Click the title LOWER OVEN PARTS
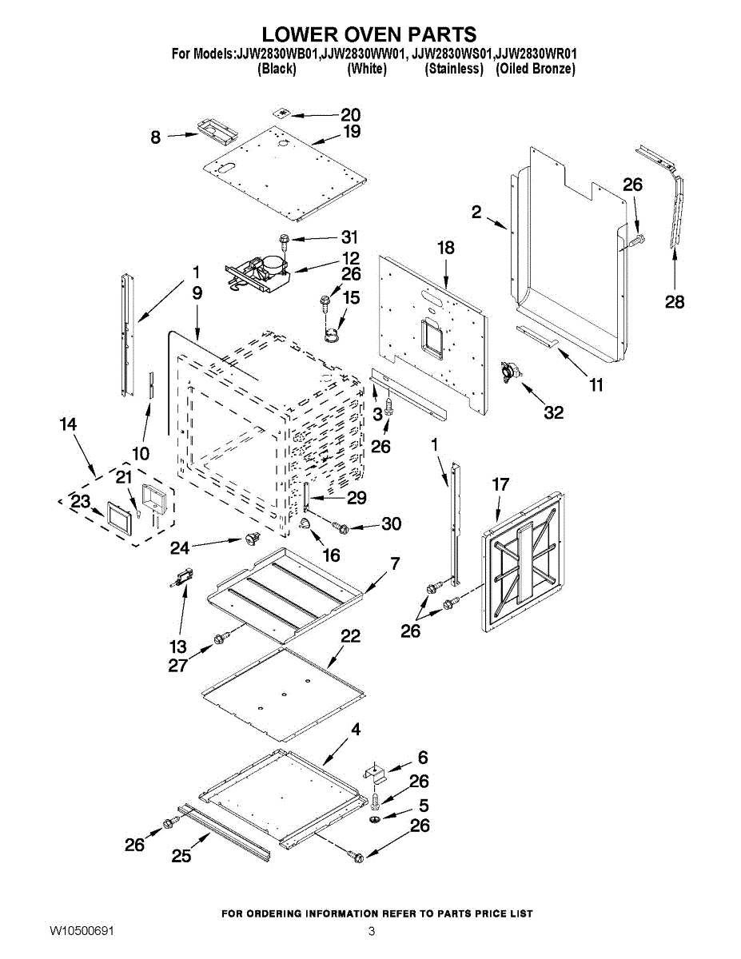tap(369, 34)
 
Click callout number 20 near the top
tap(351, 115)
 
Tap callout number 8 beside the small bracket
tap(156, 137)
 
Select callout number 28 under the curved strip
tap(675, 302)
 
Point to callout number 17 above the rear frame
tap(500, 484)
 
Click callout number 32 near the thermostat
tap(553, 412)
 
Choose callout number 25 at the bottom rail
tap(181, 855)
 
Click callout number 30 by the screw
tap(391, 524)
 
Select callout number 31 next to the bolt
tap(349, 237)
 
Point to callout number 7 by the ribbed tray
tap(394, 564)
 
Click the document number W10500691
tap(82, 932)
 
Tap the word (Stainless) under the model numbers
tap(454, 69)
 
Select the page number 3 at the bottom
tap(372, 932)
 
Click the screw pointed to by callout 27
tap(221, 637)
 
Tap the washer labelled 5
tap(376, 821)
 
